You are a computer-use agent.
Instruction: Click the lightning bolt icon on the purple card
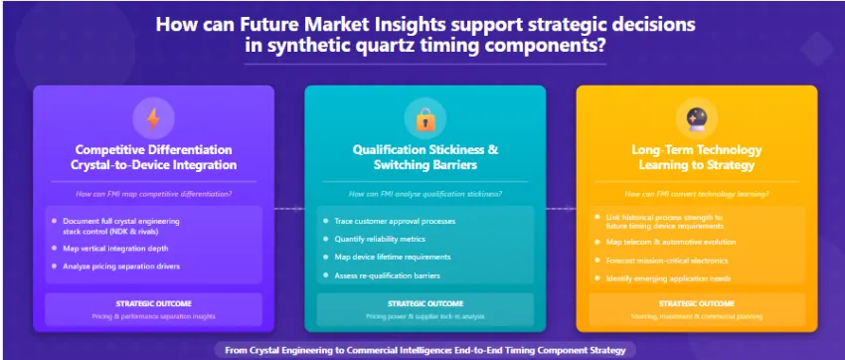click(x=153, y=119)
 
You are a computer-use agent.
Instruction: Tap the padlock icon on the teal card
click(x=424, y=119)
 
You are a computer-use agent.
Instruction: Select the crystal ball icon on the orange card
click(x=696, y=119)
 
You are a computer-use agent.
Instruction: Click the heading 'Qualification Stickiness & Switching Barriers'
click(x=424, y=157)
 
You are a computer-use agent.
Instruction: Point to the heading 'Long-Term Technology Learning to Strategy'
click(x=696, y=157)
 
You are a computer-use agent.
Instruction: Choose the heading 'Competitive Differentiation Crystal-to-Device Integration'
click(x=153, y=157)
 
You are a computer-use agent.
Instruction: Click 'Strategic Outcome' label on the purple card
click(x=153, y=303)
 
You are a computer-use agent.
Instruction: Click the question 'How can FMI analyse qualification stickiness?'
click(x=424, y=194)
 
